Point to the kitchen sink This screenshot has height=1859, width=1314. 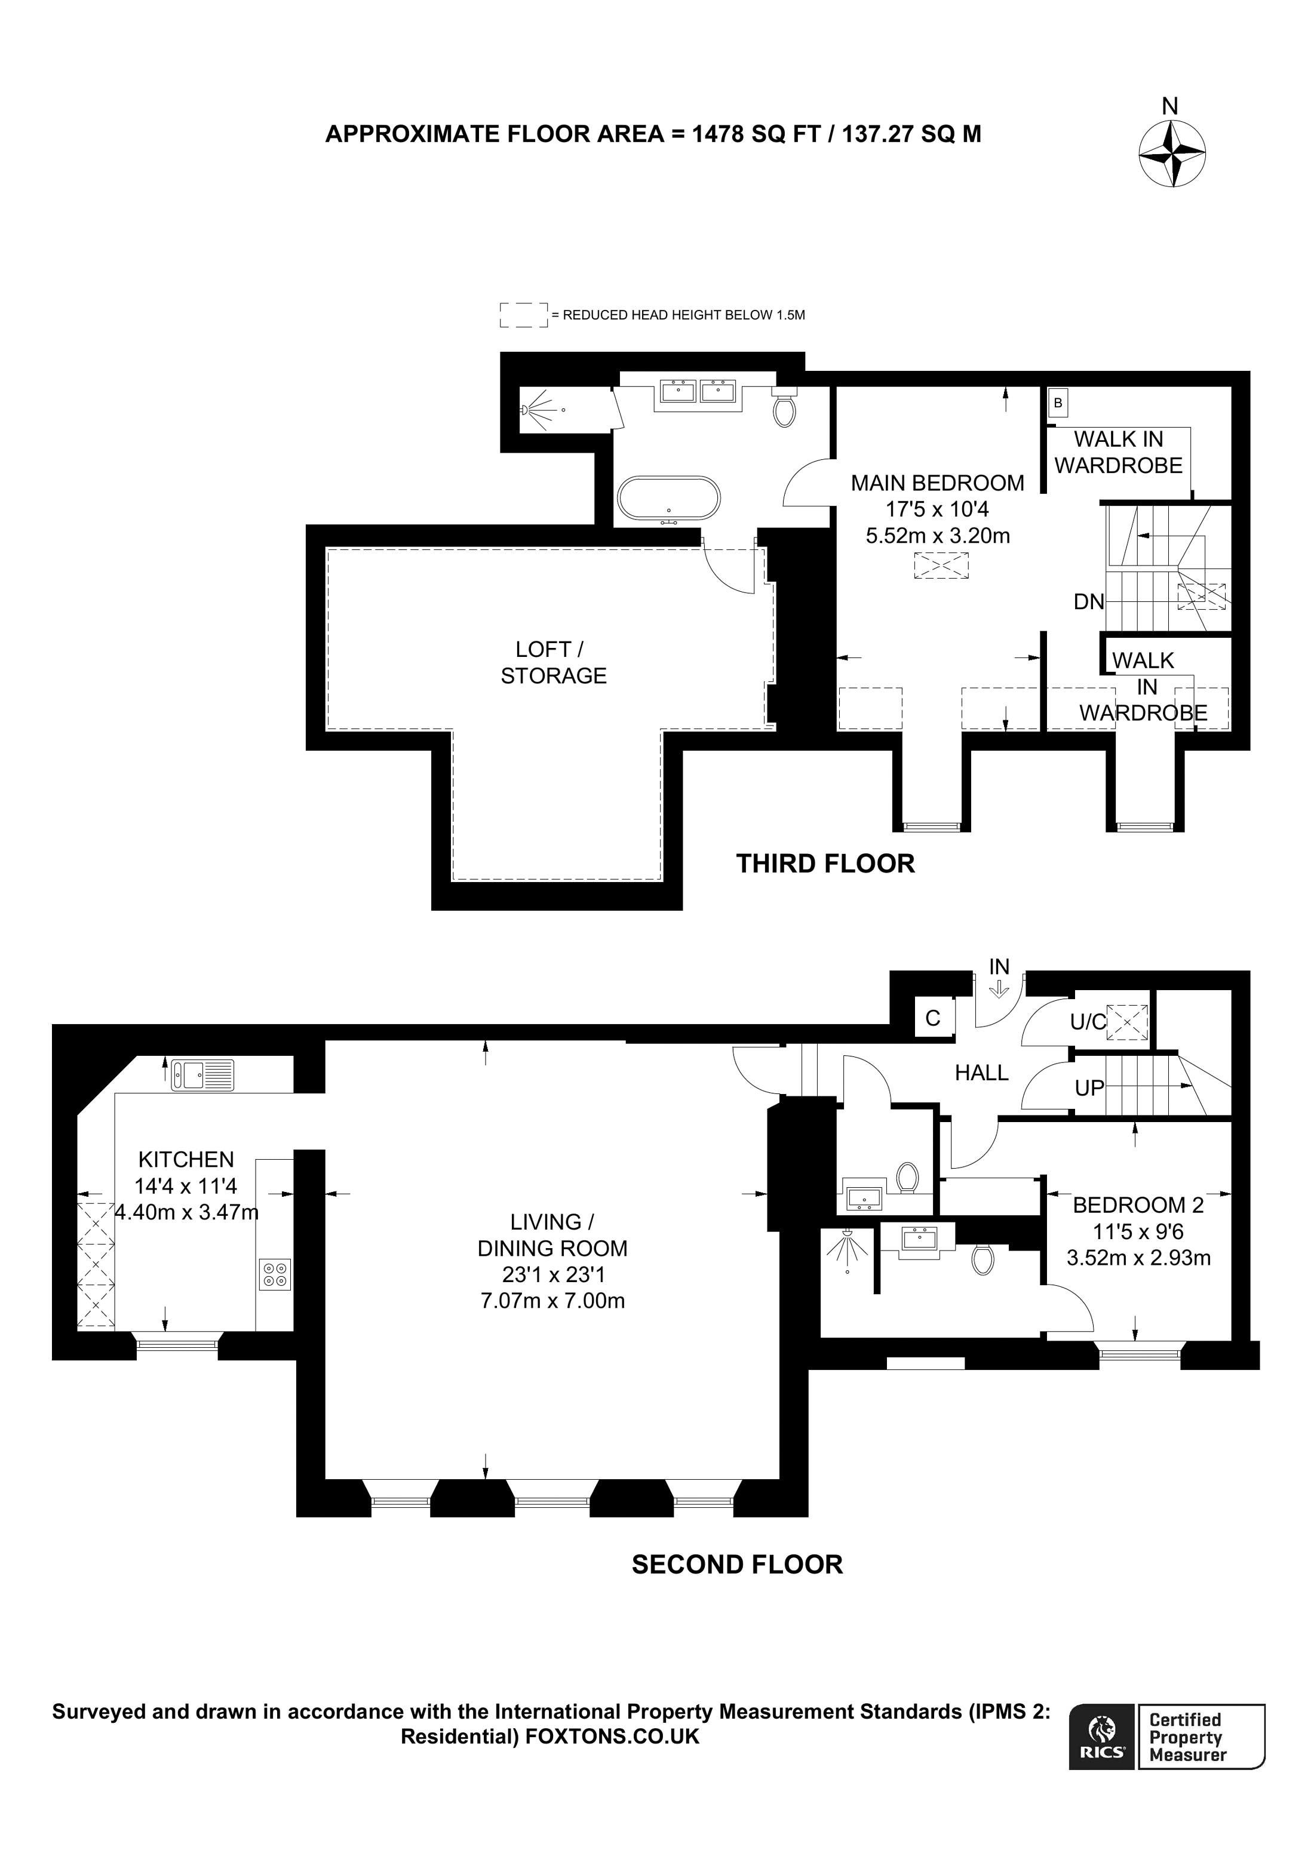pyautogui.click(x=202, y=1076)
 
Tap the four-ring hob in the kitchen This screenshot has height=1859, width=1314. pyautogui.click(x=275, y=1274)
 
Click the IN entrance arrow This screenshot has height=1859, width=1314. pyautogui.click(x=999, y=988)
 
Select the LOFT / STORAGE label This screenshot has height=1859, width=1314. pyautogui.click(x=553, y=662)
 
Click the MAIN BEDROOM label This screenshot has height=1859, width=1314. pyautogui.click(x=938, y=483)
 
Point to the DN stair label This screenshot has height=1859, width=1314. pyautogui.click(x=1088, y=601)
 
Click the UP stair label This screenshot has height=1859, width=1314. pyautogui.click(x=1089, y=1088)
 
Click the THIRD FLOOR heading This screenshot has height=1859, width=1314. pyautogui.click(x=825, y=864)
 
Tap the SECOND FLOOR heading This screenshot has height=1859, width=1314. pyautogui.click(x=737, y=1564)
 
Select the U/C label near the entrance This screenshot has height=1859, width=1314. pyautogui.click(x=1087, y=1022)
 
